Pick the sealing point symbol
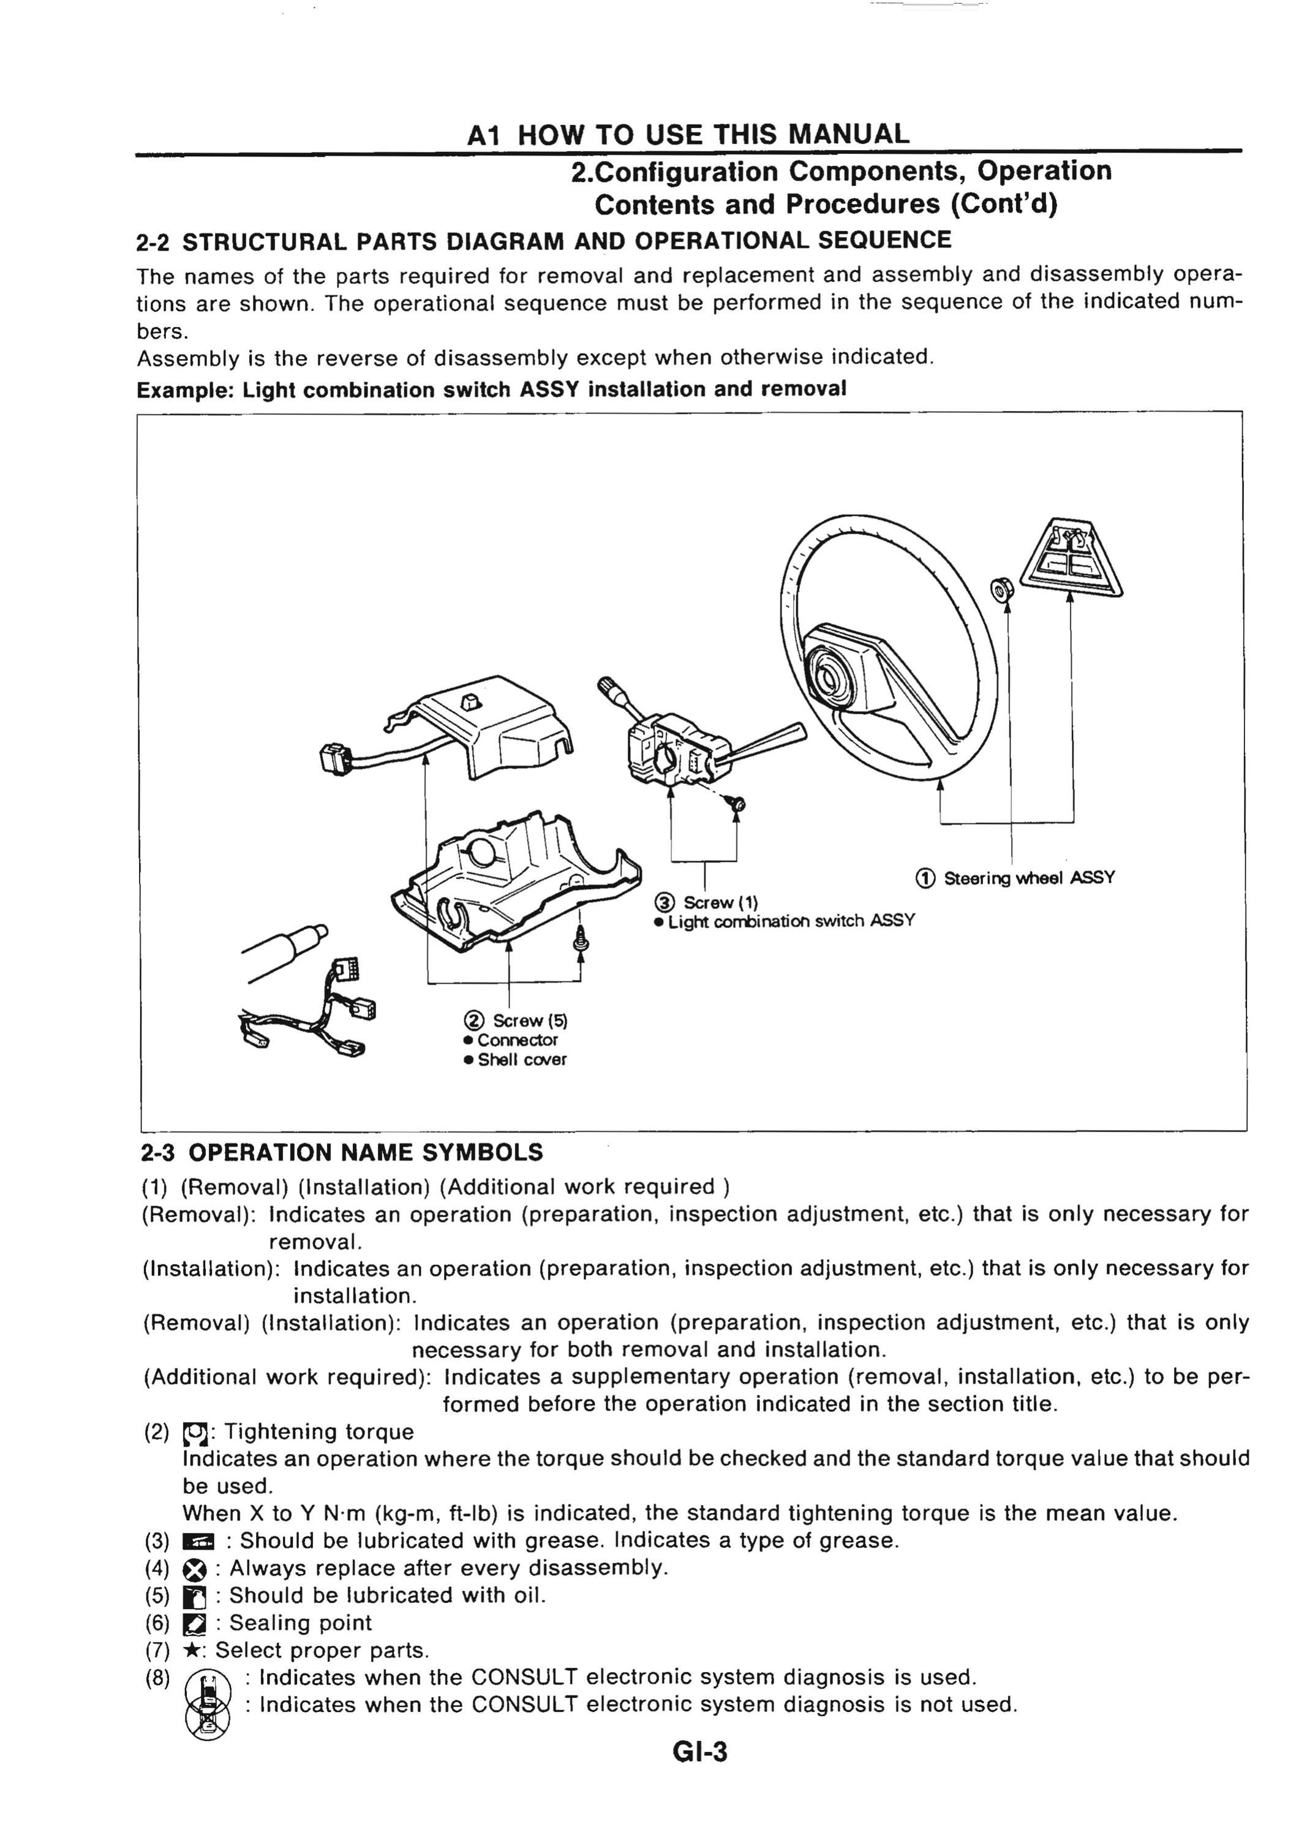point(194,1623)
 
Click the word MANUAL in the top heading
point(849,134)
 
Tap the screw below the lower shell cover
point(581,941)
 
